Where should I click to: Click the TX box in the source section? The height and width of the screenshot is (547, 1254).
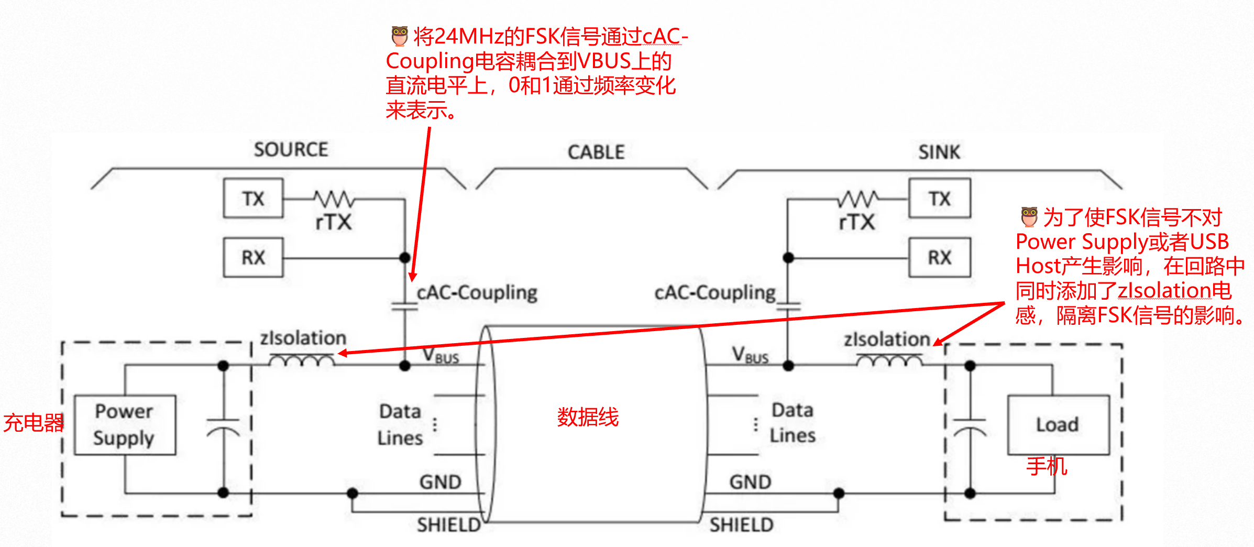pyautogui.click(x=253, y=198)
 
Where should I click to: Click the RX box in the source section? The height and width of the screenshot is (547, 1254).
pyautogui.click(x=253, y=257)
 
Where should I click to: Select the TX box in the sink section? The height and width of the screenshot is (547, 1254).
pyautogui.click(x=939, y=198)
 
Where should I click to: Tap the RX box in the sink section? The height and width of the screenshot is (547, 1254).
pyautogui.click(x=939, y=257)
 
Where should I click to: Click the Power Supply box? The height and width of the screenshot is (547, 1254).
pyautogui.click(x=125, y=424)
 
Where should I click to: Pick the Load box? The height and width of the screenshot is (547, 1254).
pyautogui.click(x=1058, y=424)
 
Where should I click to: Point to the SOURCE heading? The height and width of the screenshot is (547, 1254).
pyautogui.click(x=291, y=150)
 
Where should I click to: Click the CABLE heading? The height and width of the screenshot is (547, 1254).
pyautogui.click(x=596, y=152)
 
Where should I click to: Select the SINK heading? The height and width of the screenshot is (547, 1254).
pyautogui.click(x=939, y=152)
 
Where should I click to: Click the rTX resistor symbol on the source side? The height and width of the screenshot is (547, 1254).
pyautogui.click(x=334, y=199)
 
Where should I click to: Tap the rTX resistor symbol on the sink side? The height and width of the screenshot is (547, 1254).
pyautogui.click(x=857, y=199)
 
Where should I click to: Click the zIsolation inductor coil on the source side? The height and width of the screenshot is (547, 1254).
pyautogui.click(x=302, y=360)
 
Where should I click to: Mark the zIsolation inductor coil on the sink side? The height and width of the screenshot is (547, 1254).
pyautogui.click(x=889, y=360)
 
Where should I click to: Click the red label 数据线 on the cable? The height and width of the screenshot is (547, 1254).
pyautogui.click(x=588, y=417)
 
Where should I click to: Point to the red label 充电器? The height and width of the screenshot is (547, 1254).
pyautogui.click(x=33, y=422)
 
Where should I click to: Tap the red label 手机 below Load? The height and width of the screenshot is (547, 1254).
pyautogui.click(x=1047, y=466)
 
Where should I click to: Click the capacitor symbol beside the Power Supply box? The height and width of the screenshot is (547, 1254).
pyautogui.click(x=223, y=427)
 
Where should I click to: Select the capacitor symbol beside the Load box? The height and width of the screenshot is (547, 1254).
pyautogui.click(x=970, y=427)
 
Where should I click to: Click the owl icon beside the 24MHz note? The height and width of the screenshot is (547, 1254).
pyautogui.click(x=400, y=36)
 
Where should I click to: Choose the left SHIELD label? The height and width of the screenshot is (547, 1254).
pyautogui.click(x=448, y=524)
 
